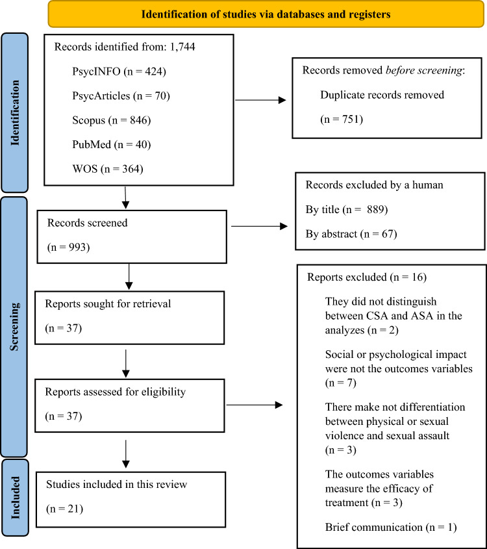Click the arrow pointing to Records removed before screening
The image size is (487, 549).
[260, 101]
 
